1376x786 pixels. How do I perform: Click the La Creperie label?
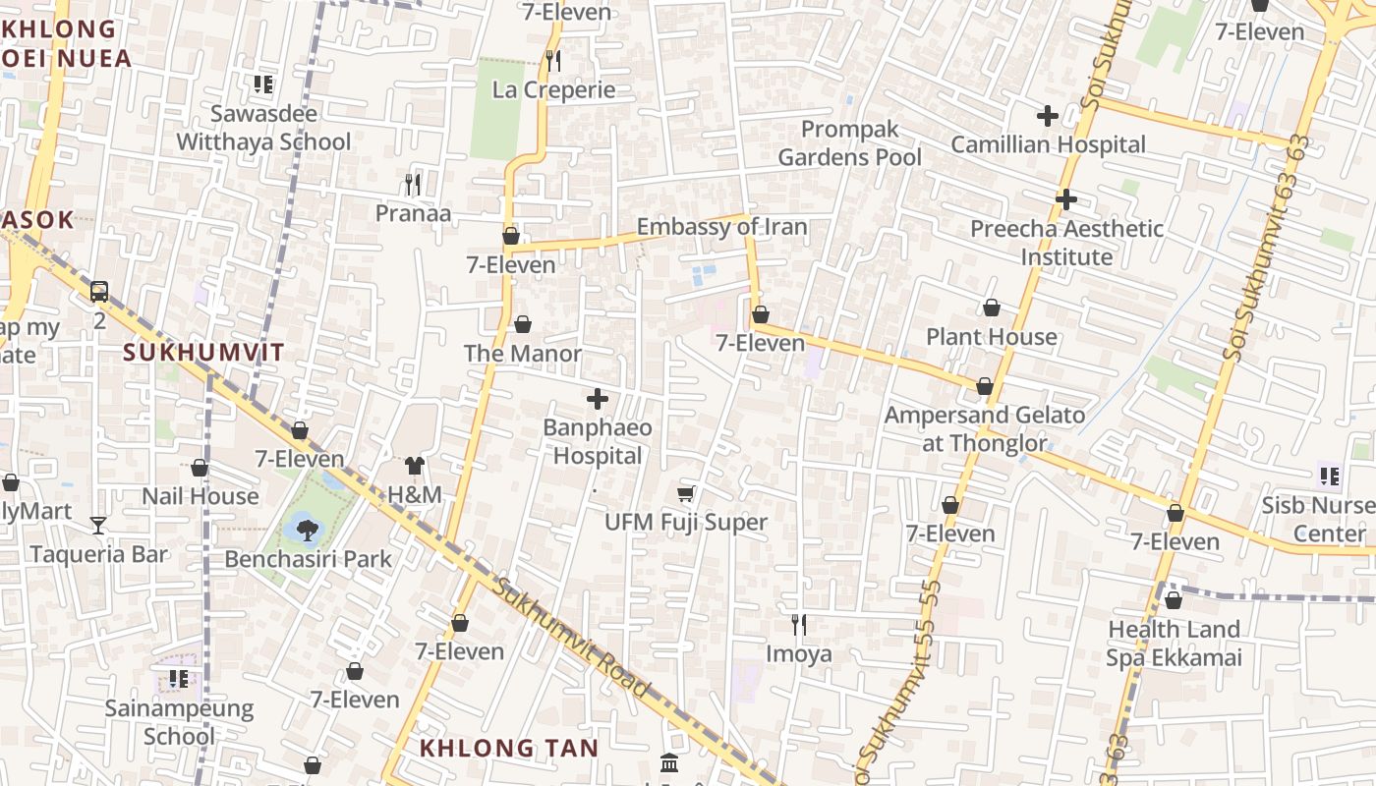(x=553, y=89)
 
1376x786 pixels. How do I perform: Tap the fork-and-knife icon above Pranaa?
(x=413, y=184)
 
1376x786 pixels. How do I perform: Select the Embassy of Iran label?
(x=721, y=227)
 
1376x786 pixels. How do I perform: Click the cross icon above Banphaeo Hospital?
(x=597, y=399)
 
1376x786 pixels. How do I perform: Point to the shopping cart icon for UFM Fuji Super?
(x=686, y=493)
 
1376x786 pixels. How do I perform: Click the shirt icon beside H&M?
(x=414, y=466)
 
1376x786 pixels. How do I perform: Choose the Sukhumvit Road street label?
(x=572, y=638)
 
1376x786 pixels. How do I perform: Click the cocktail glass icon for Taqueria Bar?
(x=98, y=525)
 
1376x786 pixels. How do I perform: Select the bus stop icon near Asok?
(x=99, y=292)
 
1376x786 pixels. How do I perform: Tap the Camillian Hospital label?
(x=1048, y=144)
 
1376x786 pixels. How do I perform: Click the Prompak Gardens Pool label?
(x=850, y=143)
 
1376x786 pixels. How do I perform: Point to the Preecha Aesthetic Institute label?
(x=1066, y=243)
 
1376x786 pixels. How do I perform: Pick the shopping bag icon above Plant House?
(x=992, y=308)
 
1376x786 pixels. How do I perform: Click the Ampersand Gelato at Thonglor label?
(x=985, y=428)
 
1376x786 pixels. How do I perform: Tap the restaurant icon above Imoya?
(x=799, y=624)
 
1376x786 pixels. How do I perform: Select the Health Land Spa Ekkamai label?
(x=1174, y=644)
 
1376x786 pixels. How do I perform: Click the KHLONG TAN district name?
(x=508, y=748)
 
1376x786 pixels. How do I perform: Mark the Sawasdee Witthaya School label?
(x=263, y=128)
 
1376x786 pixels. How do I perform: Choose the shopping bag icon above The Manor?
(x=523, y=324)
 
